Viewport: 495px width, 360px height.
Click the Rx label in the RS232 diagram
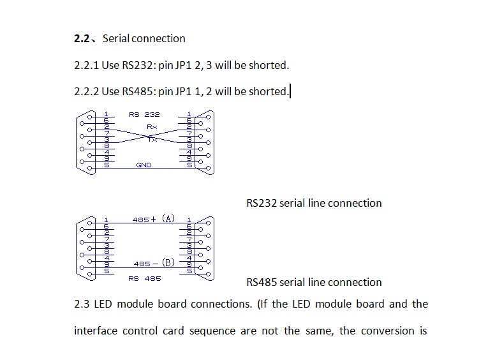tap(152, 127)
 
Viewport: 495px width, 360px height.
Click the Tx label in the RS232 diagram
tap(152, 139)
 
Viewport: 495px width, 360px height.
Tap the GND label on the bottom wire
tap(144, 165)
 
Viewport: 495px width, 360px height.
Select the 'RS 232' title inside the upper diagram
tap(144, 114)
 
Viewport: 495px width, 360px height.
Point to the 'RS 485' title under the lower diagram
tap(144, 278)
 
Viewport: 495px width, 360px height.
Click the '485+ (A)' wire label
tap(153, 219)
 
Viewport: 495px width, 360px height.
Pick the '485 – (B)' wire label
tap(153, 263)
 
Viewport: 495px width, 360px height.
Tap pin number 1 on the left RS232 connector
tap(106, 114)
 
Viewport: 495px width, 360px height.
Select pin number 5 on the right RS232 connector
tap(189, 165)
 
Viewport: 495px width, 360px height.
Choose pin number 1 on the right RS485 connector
tap(189, 220)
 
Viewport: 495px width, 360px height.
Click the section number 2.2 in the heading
tap(82, 38)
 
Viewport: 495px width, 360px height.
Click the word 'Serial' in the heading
tap(115, 38)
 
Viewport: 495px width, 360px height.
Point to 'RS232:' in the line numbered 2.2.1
tap(138, 65)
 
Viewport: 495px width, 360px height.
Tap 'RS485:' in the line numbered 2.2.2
tap(138, 91)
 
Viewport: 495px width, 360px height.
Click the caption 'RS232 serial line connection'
tap(314, 203)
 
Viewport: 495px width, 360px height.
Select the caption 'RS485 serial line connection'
tap(314, 282)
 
